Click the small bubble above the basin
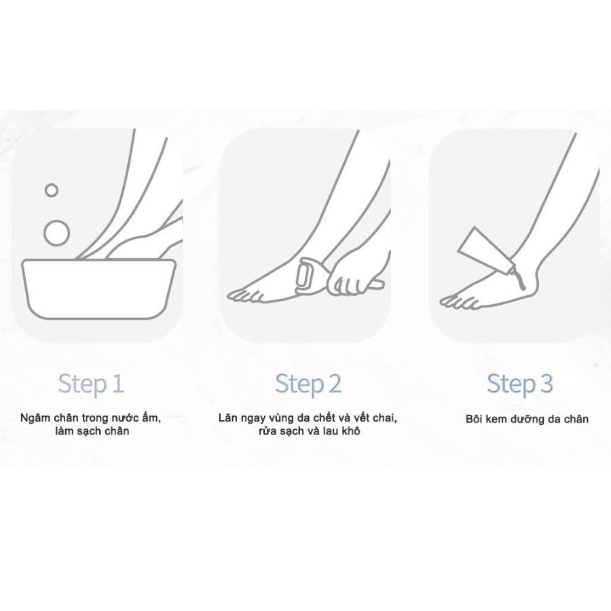52,190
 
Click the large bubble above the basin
56,233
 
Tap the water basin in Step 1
98,289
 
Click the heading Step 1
91,384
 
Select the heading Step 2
308,384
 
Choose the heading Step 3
520,384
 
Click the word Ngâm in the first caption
35,418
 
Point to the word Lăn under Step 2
228,418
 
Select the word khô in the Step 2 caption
351,431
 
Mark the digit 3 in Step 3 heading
547,383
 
